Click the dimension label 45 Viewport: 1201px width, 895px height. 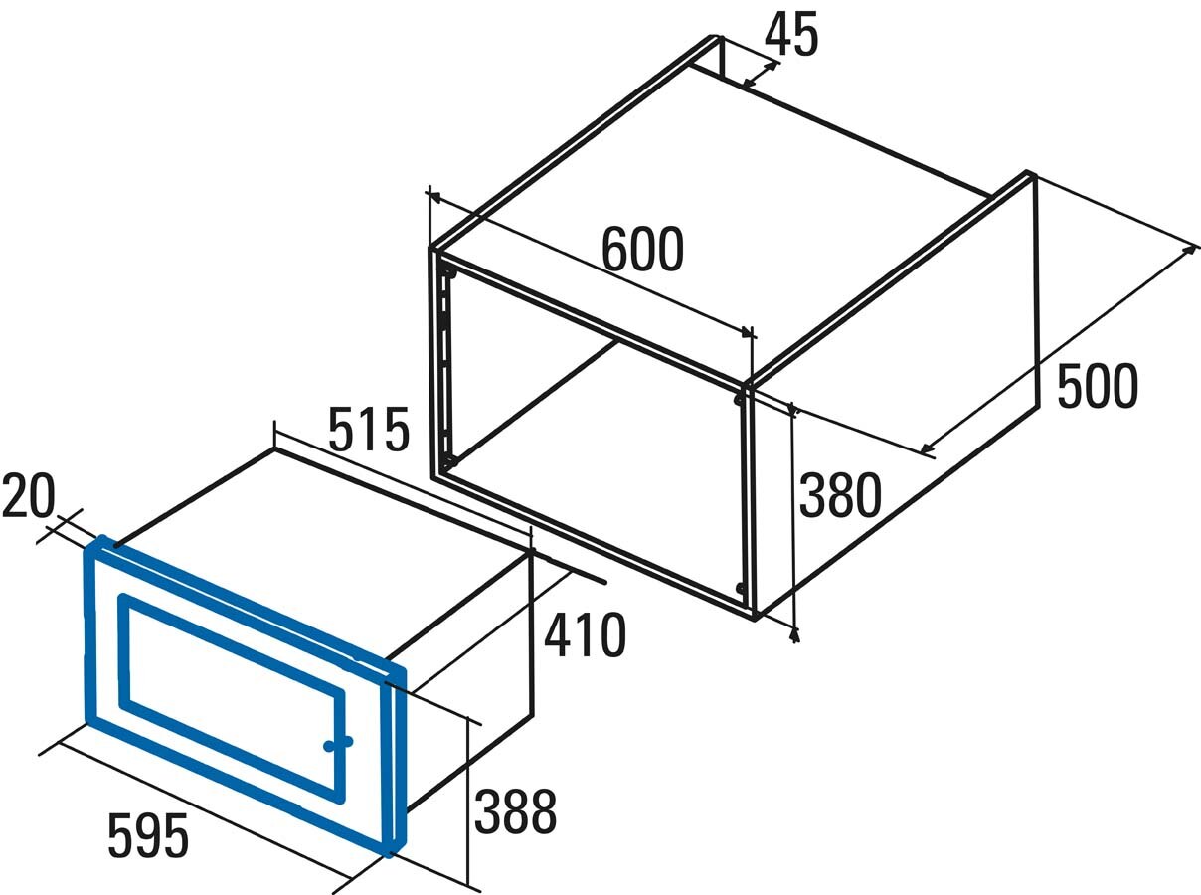point(791,35)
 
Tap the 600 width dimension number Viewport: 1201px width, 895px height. point(642,250)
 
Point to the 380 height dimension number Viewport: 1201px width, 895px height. point(841,495)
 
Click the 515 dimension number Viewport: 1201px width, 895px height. point(369,429)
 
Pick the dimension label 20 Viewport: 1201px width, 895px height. point(28,495)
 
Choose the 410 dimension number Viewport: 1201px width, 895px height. point(585,634)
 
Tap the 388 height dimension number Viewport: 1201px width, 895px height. point(515,811)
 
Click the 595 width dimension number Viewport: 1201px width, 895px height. point(148,835)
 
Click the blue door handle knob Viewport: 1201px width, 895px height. point(338,743)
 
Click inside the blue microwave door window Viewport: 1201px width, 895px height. point(232,699)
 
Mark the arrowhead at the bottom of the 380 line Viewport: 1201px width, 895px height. point(794,634)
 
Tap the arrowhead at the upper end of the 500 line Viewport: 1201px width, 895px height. point(1190,250)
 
